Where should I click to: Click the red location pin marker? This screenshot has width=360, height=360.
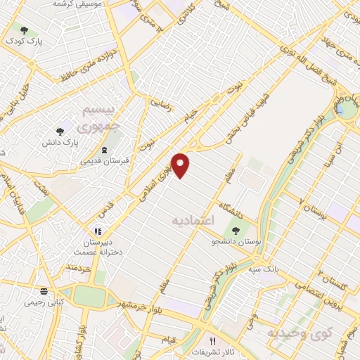181,165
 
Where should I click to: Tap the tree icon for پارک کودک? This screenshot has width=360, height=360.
25,30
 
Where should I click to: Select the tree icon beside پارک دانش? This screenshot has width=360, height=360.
60,131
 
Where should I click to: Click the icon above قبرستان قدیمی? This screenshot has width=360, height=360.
105,150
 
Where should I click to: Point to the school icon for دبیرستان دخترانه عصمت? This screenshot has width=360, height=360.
98,231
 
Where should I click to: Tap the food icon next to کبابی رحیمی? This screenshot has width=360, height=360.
44,291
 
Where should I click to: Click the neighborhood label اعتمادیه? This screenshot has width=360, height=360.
191,221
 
